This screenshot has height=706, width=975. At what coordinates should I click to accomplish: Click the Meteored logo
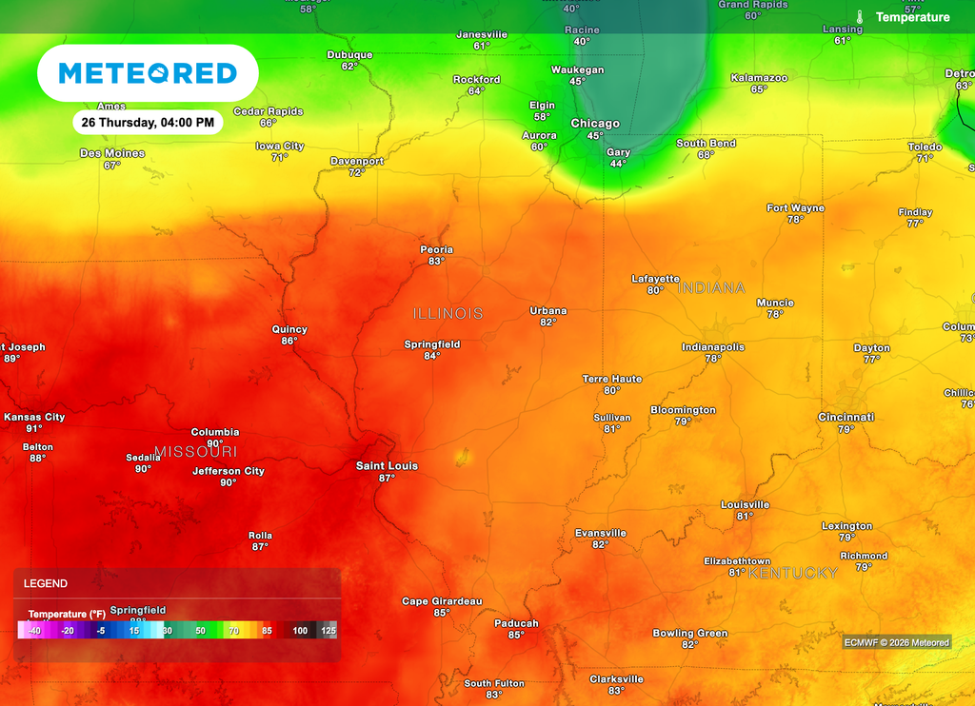tap(148, 73)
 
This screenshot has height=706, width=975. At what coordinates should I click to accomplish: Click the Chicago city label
tap(595, 124)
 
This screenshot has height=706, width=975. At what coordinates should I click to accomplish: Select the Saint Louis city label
tap(387, 466)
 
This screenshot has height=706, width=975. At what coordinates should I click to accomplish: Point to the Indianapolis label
tap(713, 347)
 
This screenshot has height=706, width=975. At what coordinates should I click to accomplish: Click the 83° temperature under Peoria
tap(436, 262)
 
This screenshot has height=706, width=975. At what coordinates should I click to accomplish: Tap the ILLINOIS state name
tap(448, 313)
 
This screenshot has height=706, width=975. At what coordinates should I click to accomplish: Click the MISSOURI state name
tap(195, 451)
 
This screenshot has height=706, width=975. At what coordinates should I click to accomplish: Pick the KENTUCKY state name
tap(793, 573)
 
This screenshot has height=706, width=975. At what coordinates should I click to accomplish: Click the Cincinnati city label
tap(846, 417)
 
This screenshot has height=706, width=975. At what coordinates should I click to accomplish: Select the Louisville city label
tap(745, 504)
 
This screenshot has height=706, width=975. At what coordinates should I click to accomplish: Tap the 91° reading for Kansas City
tap(34, 429)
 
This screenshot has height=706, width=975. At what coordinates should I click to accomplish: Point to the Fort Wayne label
tap(796, 207)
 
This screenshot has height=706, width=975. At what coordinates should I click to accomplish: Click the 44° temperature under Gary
tap(618, 164)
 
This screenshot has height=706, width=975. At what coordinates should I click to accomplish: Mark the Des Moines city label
tap(112, 153)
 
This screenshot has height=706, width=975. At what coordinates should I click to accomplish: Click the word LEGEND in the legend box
tap(46, 583)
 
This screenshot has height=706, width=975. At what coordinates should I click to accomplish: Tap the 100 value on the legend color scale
tap(300, 631)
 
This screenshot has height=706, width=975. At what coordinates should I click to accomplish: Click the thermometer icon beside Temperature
tap(860, 17)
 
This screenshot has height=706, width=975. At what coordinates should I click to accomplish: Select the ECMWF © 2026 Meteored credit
tap(897, 642)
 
